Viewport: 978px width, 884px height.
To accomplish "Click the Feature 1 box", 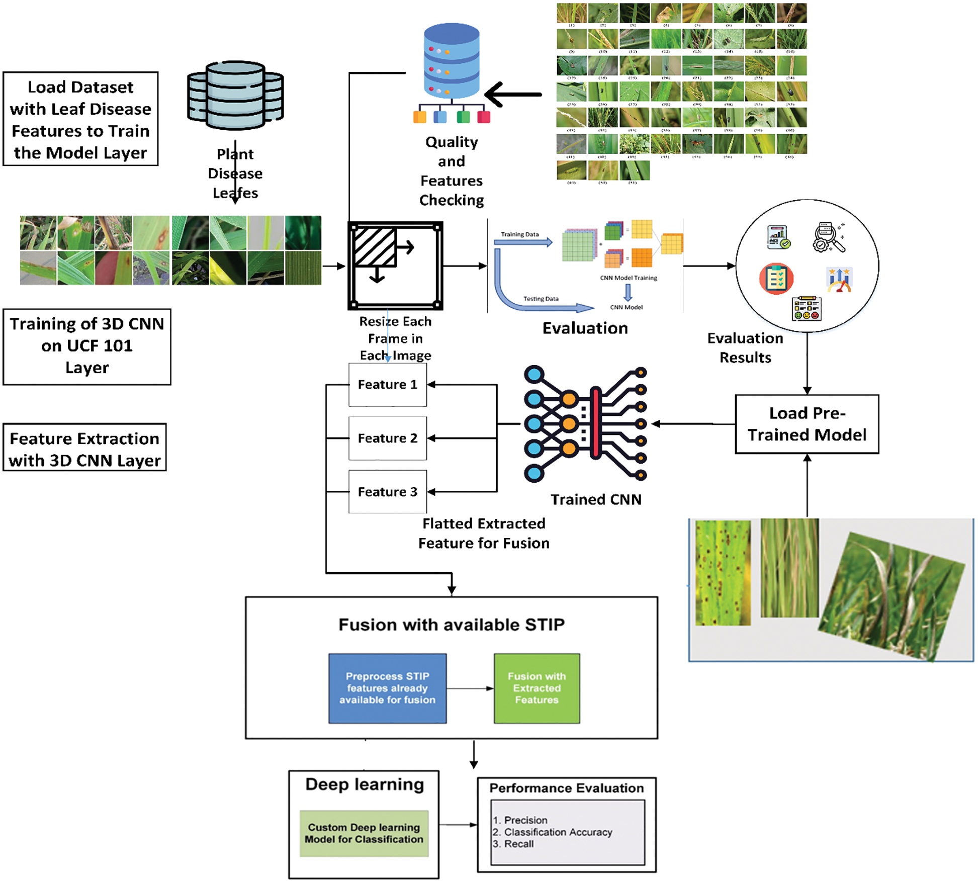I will tap(388, 385).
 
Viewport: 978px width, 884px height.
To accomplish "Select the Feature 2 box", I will tap(388, 438).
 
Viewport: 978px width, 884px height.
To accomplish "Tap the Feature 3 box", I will tap(388, 492).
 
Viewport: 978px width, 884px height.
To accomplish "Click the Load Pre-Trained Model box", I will tap(807, 424).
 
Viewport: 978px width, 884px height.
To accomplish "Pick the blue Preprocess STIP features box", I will tap(387, 688).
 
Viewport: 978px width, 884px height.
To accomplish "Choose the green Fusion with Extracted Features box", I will tap(537, 688).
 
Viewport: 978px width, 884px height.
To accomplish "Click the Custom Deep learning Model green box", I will tap(364, 833).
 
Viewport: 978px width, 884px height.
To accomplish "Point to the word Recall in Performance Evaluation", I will tap(519, 844).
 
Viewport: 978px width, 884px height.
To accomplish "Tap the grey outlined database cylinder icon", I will tap(235, 96).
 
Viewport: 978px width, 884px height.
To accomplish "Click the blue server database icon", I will tap(451, 63).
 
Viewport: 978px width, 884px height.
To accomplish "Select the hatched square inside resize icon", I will tap(375, 246).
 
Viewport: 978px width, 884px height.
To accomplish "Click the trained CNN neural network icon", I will tap(585, 424).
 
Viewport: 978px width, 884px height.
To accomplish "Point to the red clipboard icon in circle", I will tap(776, 278).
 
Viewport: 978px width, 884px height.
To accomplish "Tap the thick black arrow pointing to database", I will tap(513, 94).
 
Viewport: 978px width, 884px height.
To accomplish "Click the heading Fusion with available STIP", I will tap(451, 625).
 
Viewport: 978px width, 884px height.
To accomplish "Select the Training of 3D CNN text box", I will tap(87, 346).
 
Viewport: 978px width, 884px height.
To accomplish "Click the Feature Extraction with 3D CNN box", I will tap(84, 449).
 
